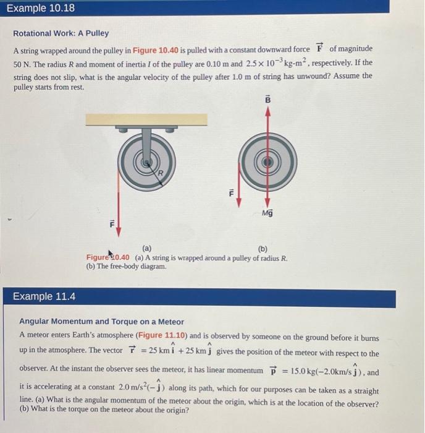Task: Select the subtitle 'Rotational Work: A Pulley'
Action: tap(61, 33)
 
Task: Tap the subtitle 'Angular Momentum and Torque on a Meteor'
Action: tap(102, 322)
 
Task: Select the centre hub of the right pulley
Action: tap(267, 161)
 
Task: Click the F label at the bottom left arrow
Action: tap(111, 226)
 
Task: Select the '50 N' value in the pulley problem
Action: tap(22, 64)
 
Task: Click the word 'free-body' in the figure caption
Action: tap(125, 266)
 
